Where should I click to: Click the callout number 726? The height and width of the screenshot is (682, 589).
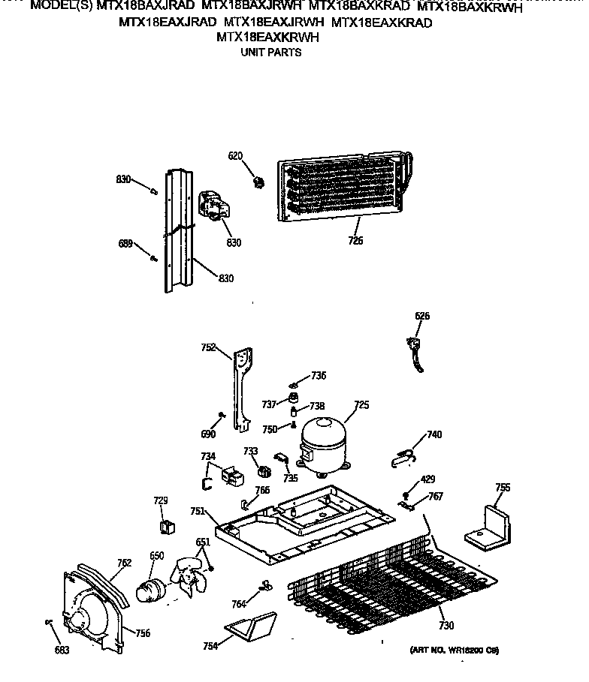355,241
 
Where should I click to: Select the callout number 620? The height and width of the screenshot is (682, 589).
236,156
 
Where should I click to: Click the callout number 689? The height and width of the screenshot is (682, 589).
125,243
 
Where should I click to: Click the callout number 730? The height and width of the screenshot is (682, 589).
446,626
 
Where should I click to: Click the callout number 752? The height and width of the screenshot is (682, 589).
209,347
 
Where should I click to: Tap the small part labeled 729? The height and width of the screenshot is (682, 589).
167,524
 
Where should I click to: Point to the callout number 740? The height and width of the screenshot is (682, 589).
434,434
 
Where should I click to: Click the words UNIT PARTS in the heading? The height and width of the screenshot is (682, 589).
270,53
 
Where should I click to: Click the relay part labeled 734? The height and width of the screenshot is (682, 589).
228,476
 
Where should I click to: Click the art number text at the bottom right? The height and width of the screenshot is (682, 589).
455,649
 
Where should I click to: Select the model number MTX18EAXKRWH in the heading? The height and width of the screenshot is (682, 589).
267,38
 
